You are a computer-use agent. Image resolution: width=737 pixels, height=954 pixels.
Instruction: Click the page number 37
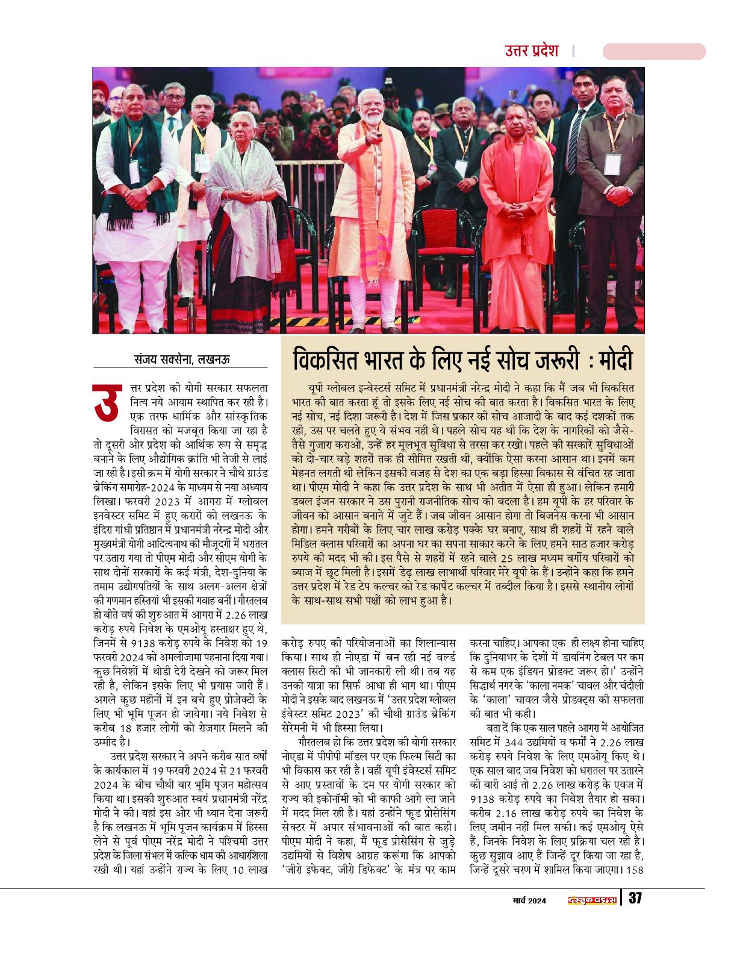click(x=635, y=898)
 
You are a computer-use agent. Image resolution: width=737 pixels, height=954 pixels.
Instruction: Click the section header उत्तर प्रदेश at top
click(x=532, y=51)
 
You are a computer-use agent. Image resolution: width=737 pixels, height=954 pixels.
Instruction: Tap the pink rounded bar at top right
click(x=653, y=52)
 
